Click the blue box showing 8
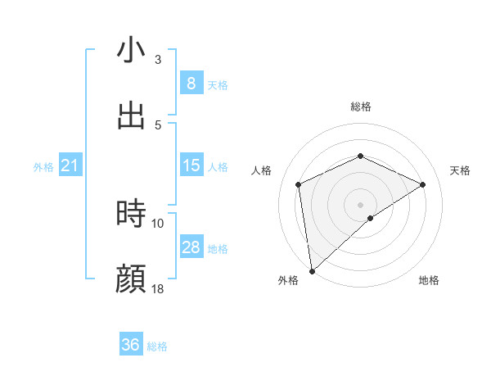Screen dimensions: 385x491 191,83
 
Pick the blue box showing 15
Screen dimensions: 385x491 191,165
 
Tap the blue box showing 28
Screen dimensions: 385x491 191,247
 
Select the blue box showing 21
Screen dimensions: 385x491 70,166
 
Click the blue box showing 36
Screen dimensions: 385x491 130,345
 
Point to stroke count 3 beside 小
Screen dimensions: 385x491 157,60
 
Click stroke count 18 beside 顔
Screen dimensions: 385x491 158,289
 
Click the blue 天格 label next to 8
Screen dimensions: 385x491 218,84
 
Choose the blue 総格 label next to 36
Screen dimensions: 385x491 157,346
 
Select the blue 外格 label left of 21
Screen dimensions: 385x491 43,167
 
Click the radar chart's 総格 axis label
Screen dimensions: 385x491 361,106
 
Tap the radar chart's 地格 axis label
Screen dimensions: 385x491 429,280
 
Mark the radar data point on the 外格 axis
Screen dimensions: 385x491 311,271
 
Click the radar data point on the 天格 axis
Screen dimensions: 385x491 423,184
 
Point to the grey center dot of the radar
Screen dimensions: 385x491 360,204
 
